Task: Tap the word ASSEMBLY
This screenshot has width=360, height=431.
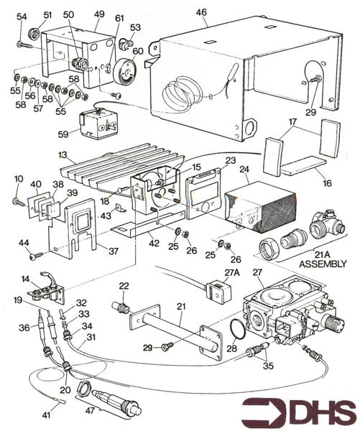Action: click(323, 264)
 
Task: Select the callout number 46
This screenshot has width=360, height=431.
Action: click(201, 12)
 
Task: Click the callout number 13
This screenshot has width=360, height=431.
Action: click(63, 154)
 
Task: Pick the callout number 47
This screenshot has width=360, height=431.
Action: click(90, 410)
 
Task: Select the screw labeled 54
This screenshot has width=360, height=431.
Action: click(25, 45)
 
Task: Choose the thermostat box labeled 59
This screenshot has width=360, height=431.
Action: click(98, 123)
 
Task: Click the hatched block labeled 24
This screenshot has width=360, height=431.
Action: click(260, 206)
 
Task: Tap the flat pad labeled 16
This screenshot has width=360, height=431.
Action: click(304, 165)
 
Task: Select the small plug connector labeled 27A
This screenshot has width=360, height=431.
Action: click(217, 292)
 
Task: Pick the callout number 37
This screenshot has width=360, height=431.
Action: click(114, 251)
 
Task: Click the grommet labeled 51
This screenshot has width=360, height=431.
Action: click(34, 34)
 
